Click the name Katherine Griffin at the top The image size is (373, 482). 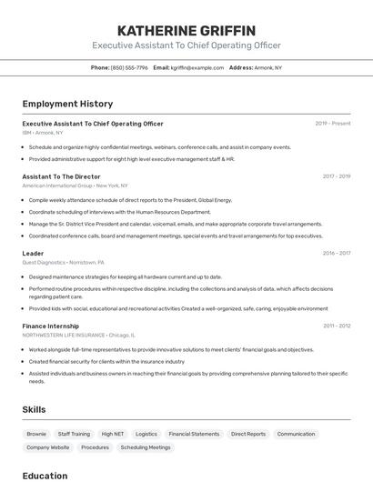[x=186, y=30]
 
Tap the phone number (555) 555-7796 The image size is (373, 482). [x=130, y=67]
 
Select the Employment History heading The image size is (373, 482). [x=67, y=104]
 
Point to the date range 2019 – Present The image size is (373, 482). [x=333, y=124]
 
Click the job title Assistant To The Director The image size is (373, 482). [x=61, y=176]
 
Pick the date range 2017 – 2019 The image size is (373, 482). [x=336, y=176]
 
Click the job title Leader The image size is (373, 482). [x=33, y=253]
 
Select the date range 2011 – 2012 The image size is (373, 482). [x=336, y=326]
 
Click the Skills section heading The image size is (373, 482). [x=35, y=410]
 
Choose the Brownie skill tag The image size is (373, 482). [x=36, y=435]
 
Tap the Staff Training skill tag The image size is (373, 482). [x=74, y=435]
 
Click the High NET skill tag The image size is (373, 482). [x=113, y=435]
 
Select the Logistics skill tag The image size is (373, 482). [x=146, y=435]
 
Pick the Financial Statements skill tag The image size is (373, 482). [x=194, y=435]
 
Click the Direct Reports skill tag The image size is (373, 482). [x=248, y=435]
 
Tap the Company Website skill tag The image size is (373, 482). [x=47, y=447]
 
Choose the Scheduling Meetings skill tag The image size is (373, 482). [x=146, y=447]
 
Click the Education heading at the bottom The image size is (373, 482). [x=45, y=476]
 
